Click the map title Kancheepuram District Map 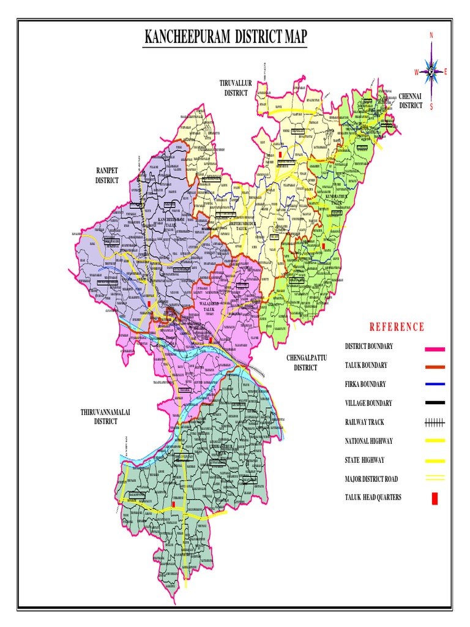click(x=225, y=39)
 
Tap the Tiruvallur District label click(x=236, y=88)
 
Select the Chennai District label click(x=411, y=100)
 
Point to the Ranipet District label click(x=106, y=175)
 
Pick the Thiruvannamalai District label click(x=105, y=417)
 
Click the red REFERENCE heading click(x=396, y=327)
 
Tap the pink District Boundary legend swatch click(x=435, y=349)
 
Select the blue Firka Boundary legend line click(x=435, y=385)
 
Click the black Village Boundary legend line click(x=435, y=403)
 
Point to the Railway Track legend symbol click(x=435, y=422)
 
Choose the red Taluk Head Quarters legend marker click(x=435, y=499)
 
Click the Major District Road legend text click(x=371, y=479)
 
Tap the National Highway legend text click(x=368, y=441)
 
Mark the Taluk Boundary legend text click(x=366, y=366)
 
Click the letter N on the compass click(x=431, y=36)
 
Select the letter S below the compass click(x=431, y=107)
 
